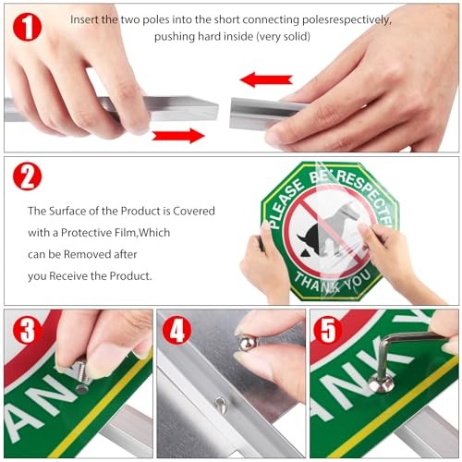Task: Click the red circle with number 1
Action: (27, 27)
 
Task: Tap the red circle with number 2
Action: (27, 176)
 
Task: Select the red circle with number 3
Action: (27, 330)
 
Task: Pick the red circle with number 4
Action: (176, 330)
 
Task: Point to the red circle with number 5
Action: (328, 330)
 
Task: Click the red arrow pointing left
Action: (266, 79)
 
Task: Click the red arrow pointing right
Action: (178, 136)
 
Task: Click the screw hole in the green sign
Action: (82, 389)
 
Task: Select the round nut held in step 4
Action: (247, 341)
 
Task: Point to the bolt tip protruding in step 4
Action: (221, 405)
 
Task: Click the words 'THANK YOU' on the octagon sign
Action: (333, 282)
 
